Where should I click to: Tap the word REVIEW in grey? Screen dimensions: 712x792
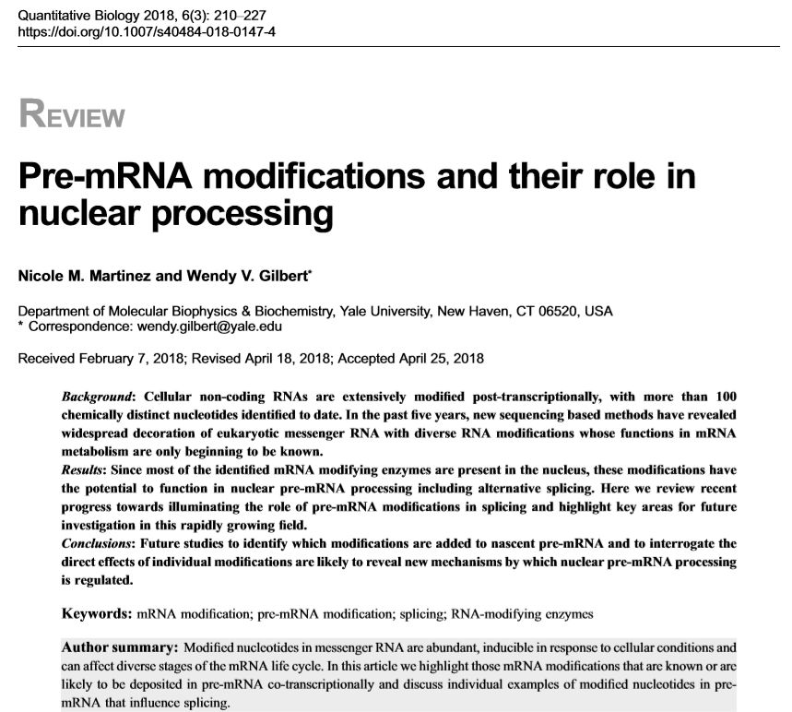point(71,116)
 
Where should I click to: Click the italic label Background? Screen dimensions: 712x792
point(96,396)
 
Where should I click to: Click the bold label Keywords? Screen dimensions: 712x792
point(96,612)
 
